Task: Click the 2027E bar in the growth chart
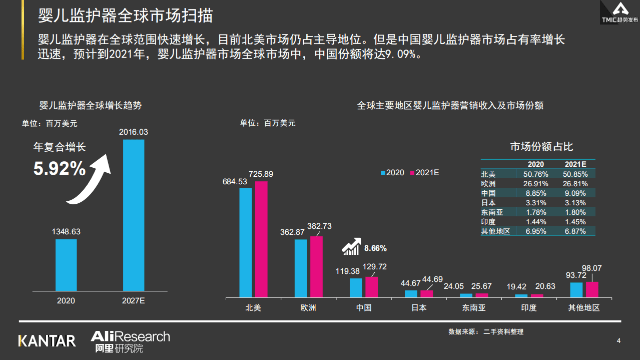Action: pyautogui.click(x=134, y=215)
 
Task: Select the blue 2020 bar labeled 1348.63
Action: pyautogui.click(x=66, y=265)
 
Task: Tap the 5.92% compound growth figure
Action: pyautogui.click(x=60, y=169)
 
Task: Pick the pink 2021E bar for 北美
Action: pyautogui.click(x=261, y=239)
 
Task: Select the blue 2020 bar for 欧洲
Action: pyautogui.click(x=301, y=268)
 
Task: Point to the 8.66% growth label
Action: pyautogui.click(x=375, y=248)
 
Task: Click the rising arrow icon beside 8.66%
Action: pyautogui.click(x=352, y=246)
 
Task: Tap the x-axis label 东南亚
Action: pyautogui.click(x=474, y=307)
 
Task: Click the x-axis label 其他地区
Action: pyautogui.click(x=583, y=307)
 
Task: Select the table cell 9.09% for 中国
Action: pyautogui.click(x=575, y=193)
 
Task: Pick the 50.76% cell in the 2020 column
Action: pyautogui.click(x=536, y=174)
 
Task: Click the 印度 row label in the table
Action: pyautogui.click(x=488, y=222)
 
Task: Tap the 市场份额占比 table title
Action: pyautogui.click(x=541, y=147)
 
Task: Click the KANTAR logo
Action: pyautogui.click(x=47, y=341)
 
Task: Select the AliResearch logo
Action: pyautogui.click(x=130, y=341)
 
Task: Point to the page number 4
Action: pyautogui.click(x=618, y=341)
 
